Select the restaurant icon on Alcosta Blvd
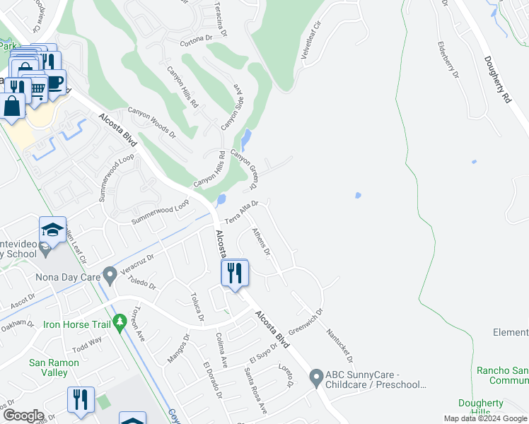pos(235,273)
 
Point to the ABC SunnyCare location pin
pos(316,377)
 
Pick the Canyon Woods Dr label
pos(151,121)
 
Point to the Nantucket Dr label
pos(339,345)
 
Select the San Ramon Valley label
pos(48,367)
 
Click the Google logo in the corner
pos(23,416)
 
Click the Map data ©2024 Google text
pos(486,418)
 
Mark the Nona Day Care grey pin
pos(109,273)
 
